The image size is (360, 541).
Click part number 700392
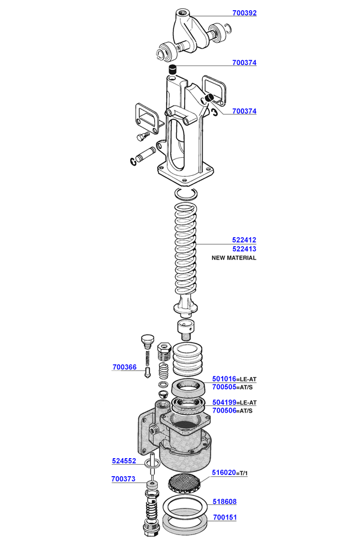point(244,13)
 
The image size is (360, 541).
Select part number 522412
point(244,240)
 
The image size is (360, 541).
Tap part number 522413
point(244,249)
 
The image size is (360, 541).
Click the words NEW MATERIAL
point(234,258)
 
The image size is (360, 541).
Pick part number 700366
point(124,367)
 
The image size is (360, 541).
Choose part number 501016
point(224,379)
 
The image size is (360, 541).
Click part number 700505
point(224,387)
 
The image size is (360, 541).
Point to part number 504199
point(224,402)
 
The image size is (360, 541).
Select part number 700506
point(224,411)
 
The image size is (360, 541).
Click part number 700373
point(123,479)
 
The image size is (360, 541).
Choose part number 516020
point(224,473)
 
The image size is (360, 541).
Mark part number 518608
point(224,501)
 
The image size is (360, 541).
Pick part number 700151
point(224,516)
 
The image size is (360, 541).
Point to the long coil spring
point(187,252)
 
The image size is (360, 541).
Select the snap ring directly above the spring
point(186,193)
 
